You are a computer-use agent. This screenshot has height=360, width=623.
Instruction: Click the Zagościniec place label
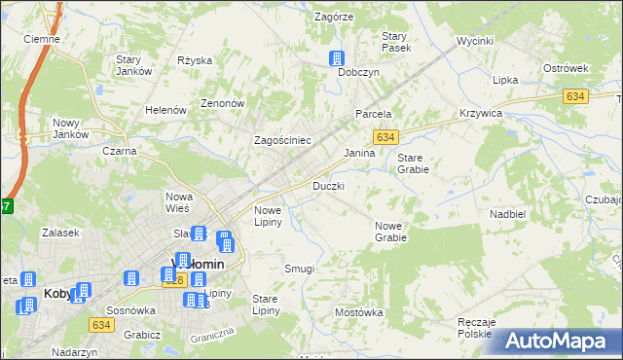pyautogui.click(x=282, y=140)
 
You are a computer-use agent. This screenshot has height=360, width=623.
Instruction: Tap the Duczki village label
pyautogui.click(x=328, y=186)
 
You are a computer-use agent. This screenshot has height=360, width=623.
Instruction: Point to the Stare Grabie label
pyautogui.click(x=413, y=162)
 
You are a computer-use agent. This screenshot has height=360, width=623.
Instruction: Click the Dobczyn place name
pyautogui.click(x=358, y=73)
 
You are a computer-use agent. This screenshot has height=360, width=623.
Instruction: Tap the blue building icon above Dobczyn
pyautogui.click(x=338, y=57)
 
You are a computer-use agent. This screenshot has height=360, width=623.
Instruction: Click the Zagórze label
pyautogui.click(x=334, y=17)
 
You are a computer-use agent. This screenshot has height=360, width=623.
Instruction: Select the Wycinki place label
pyautogui.click(x=476, y=42)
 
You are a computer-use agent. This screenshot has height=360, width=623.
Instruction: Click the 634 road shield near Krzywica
pyautogui.click(x=574, y=95)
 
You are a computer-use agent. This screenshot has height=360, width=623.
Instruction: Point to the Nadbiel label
pyautogui.click(x=508, y=213)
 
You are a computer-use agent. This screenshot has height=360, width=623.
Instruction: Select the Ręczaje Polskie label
pyautogui.click(x=477, y=328)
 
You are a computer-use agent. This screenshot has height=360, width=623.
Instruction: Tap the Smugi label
pyautogui.click(x=299, y=268)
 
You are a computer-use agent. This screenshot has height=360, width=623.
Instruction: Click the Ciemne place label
pyautogui.click(x=42, y=39)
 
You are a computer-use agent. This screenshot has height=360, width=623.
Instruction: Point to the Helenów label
pyautogui.click(x=165, y=110)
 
